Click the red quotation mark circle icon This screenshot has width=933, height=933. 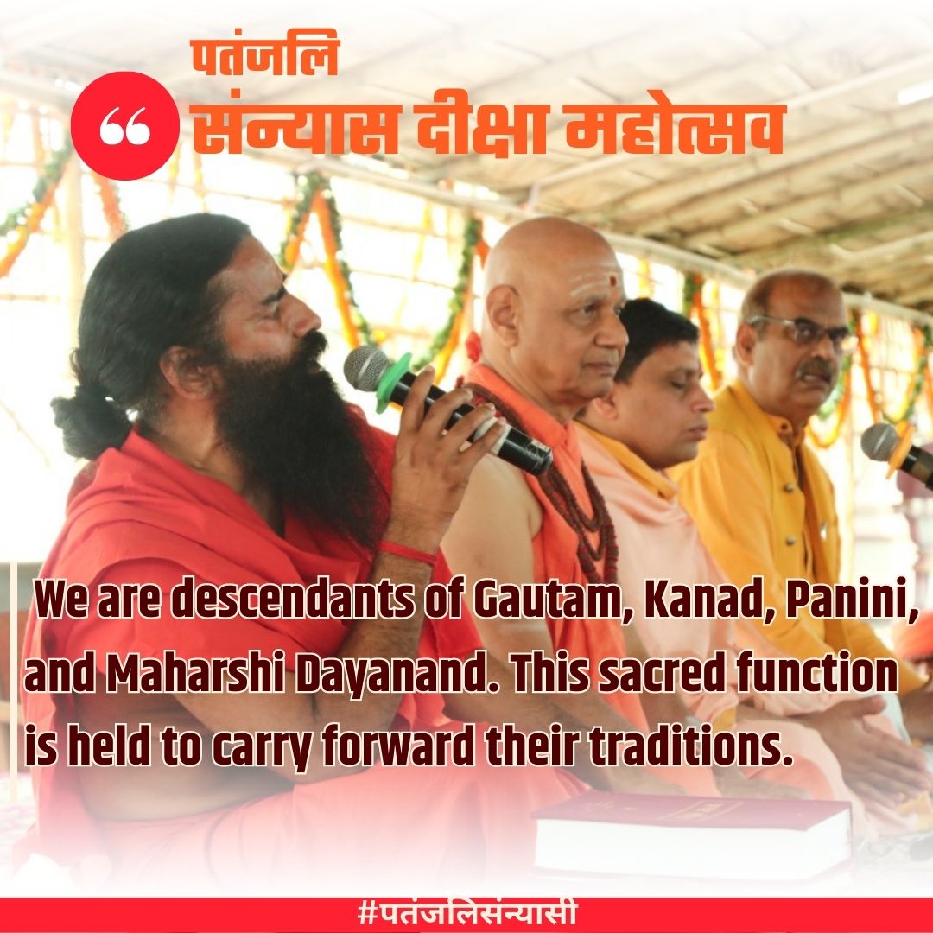tap(125, 126)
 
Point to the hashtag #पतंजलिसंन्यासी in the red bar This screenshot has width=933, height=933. tap(466, 914)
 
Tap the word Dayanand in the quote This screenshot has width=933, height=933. tap(386, 675)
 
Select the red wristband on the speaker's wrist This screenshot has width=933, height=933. tap(407, 551)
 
